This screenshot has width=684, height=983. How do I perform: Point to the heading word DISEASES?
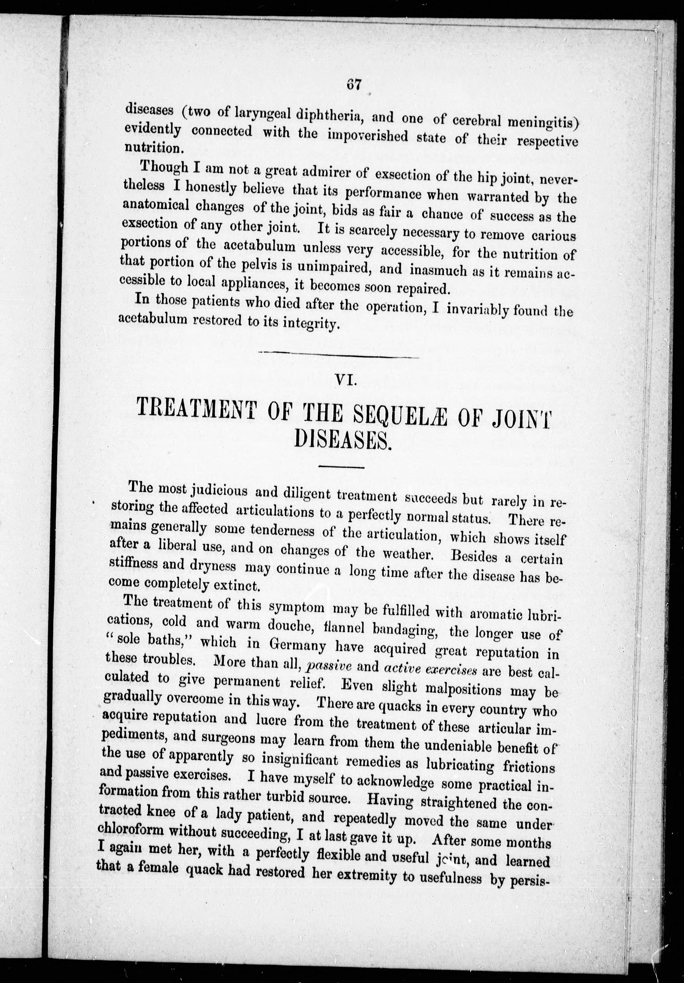pyautogui.click(x=343, y=440)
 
